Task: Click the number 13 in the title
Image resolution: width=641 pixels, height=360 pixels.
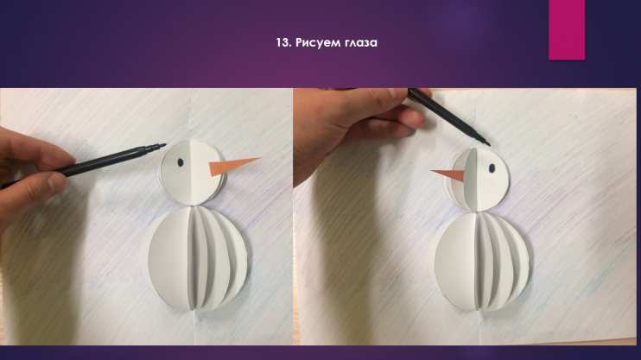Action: pos(282,42)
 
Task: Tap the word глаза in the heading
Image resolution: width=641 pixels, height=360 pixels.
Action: pos(358,43)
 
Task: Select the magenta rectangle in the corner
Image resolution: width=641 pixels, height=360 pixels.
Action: pos(567,30)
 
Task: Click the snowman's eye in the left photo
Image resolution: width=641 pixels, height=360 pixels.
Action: pos(181,162)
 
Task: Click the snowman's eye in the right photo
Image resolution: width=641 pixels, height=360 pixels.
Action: pos(492,168)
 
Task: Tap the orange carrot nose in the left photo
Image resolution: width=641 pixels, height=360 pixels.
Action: pos(233,166)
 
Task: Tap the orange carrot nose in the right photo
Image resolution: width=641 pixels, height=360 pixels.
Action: pos(448,174)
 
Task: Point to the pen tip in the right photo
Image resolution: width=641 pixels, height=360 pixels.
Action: pos(488,144)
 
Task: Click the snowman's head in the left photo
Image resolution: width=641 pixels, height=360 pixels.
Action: pos(191,173)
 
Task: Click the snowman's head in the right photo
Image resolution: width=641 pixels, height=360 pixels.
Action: pos(479,180)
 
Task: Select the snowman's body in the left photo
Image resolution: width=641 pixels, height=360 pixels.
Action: pos(199,258)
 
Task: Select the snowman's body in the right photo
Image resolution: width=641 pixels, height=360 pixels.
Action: pos(482,262)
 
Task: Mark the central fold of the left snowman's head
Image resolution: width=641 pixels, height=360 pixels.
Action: pos(191,173)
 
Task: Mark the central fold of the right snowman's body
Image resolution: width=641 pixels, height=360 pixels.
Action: pos(477,262)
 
